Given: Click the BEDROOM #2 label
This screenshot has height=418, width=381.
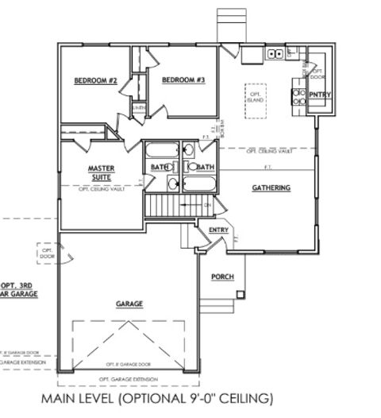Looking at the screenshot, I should [x=96, y=81].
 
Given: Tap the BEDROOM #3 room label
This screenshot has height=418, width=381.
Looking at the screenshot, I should [x=183, y=81].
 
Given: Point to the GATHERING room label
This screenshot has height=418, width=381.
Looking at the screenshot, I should [x=271, y=188].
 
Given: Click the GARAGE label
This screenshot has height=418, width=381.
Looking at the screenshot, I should [x=129, y=304].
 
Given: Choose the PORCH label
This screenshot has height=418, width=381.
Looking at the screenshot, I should [x=221, y=277].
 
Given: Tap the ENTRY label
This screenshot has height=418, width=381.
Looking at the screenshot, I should [x=218, y=230].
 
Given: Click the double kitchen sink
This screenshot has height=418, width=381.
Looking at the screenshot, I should [x=275, y=54].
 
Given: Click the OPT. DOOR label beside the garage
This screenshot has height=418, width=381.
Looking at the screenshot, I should [x=45, y=254].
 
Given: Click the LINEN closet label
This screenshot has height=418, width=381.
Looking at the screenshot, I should [x=138, y=107].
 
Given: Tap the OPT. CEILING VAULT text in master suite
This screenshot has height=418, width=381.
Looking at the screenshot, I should [x=102, y=190].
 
